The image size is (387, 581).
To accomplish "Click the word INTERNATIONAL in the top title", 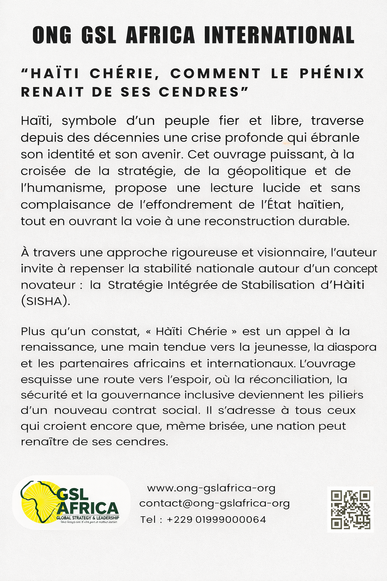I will tap(279, 35).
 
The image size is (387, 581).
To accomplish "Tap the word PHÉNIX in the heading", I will tap(332, 73).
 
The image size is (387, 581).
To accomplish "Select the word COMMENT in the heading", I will tap(215, 73).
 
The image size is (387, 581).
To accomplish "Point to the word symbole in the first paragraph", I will tap(89, 121).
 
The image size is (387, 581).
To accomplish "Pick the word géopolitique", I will tap(267, 171).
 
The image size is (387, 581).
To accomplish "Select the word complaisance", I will tap(65, 205).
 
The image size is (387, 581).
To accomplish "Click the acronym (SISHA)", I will tap(45, 301).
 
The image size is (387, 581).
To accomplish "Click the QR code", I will tap(350, 510).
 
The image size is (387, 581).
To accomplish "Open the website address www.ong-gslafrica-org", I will tap(211, 488).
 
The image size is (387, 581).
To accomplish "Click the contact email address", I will tap(214, 503).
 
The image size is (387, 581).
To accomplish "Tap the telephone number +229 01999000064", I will tap(216, 520).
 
